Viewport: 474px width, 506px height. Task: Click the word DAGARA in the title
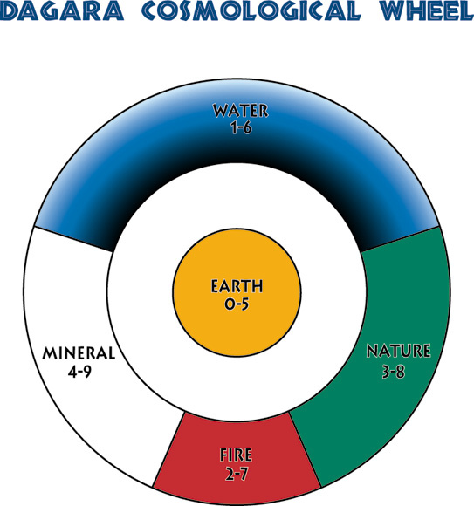click(x=62, y=10)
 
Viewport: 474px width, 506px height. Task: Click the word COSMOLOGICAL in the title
click(x=251, y=10)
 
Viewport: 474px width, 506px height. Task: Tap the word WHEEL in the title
click(x=427, y=10)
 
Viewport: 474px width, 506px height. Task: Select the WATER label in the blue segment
click(x=241, y=111)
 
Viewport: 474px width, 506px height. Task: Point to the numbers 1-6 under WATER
click(x=241, y=127)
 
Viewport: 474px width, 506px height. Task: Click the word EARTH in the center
click(x=237, y=286)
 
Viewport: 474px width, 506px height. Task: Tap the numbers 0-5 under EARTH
click(x=237, y=304)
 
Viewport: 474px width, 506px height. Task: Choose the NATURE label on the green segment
click(x=398, y=351)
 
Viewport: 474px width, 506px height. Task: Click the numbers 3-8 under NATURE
click(x=394, y=372)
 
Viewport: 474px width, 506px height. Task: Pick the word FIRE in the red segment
click(x=236, y=455)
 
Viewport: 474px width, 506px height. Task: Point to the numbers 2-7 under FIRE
click(x=237, y=475)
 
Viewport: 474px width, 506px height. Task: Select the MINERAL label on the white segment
click(x=79, y=353)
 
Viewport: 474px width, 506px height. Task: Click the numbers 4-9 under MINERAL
click(x=79, y=372)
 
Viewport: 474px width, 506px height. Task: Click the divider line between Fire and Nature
click(x=306, y=449)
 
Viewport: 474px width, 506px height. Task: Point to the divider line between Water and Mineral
click(x=73, y=239)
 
